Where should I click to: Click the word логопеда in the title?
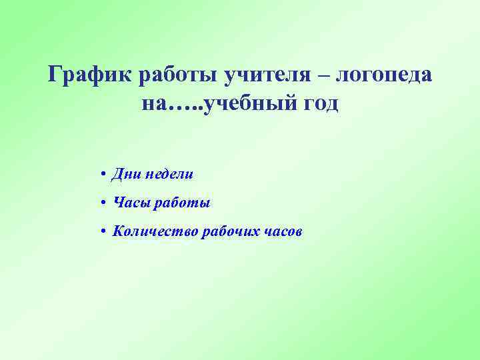[384, 75]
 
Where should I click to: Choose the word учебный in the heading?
[250, 104]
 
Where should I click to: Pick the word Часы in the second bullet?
[132, 203]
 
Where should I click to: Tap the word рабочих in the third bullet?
[230, 231]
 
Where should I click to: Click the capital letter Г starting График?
[55, 75]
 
